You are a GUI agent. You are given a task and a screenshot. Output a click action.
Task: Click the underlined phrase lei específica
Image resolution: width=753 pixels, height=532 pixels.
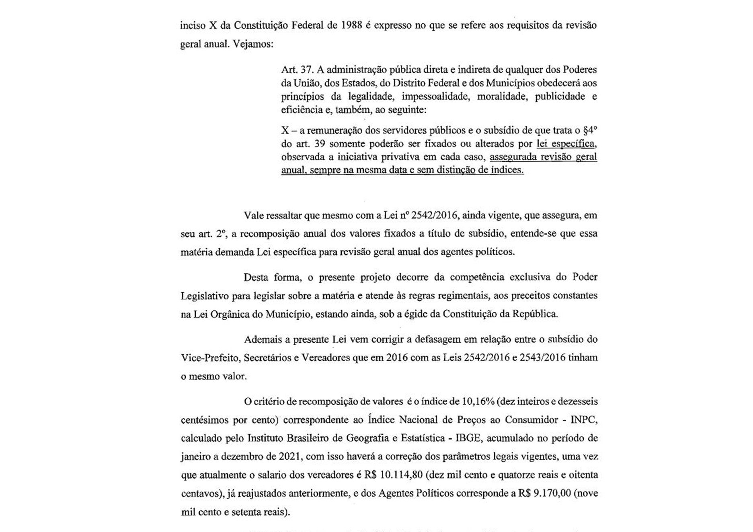click(x=566, y=143)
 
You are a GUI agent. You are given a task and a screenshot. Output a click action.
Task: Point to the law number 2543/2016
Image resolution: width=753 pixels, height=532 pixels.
click(x=542, y=358)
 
